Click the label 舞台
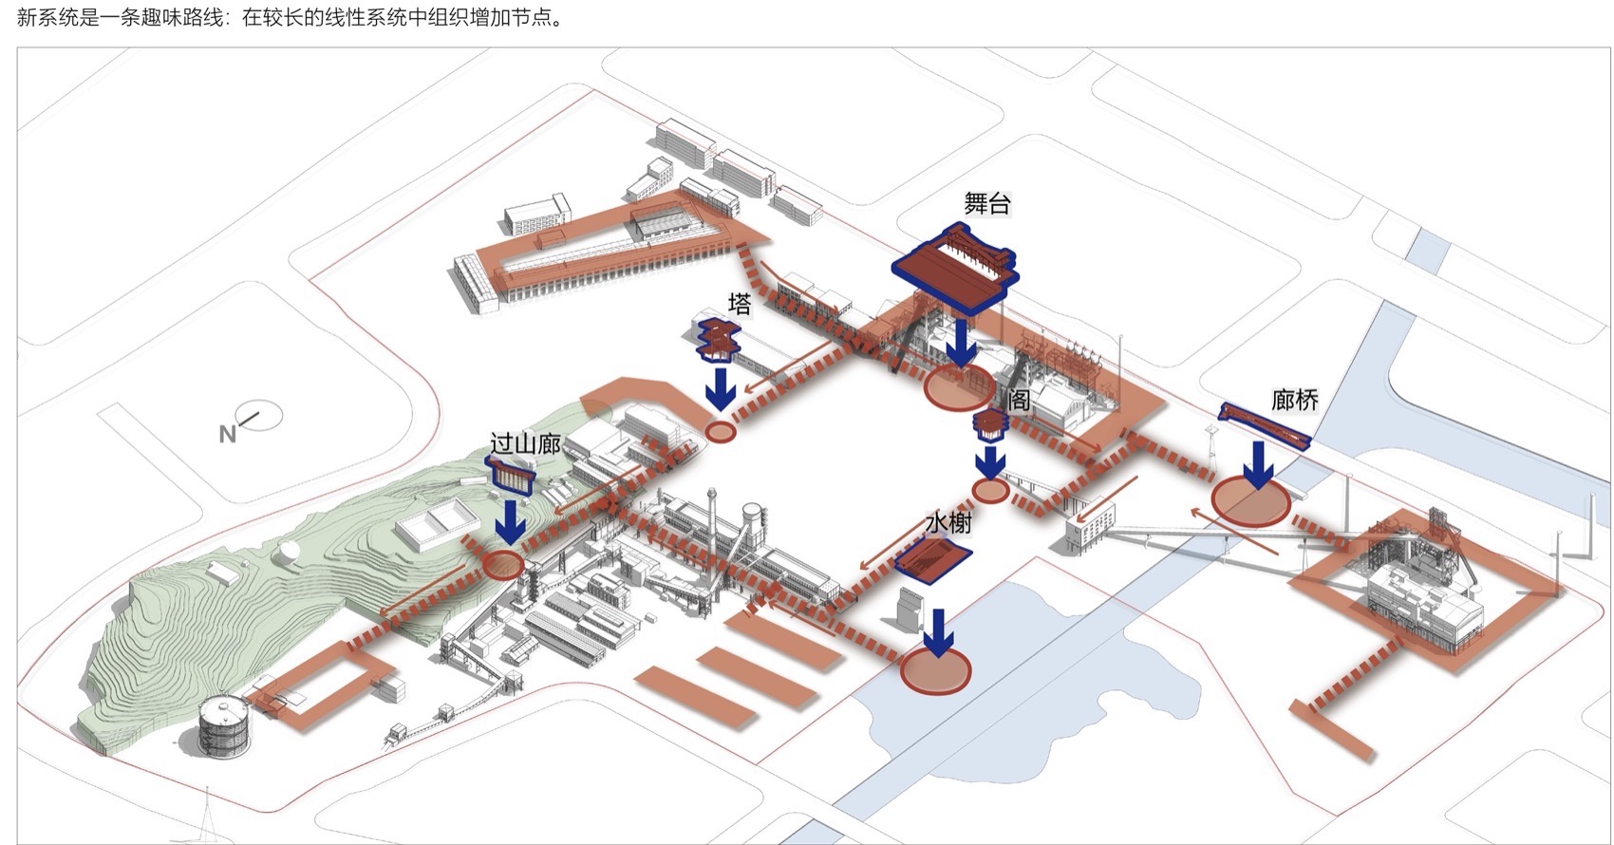[986, 203]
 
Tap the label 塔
[739, 304]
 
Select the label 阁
[1018, 400]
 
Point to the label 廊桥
[1294, 401]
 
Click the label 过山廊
[525, 443]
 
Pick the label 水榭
[948, 523]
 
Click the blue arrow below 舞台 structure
[961, 343]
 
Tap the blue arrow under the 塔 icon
[721, 389]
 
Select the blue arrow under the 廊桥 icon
[1259, 464]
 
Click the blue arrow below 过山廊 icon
[512, 522]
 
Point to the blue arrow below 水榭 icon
[939, 632]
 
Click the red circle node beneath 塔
[721, 432]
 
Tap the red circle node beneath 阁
[990, 491]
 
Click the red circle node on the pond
[936, 670]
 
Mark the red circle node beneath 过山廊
[503, 565]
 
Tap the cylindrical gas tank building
[225, 725]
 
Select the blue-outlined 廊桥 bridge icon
[1264, 424]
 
